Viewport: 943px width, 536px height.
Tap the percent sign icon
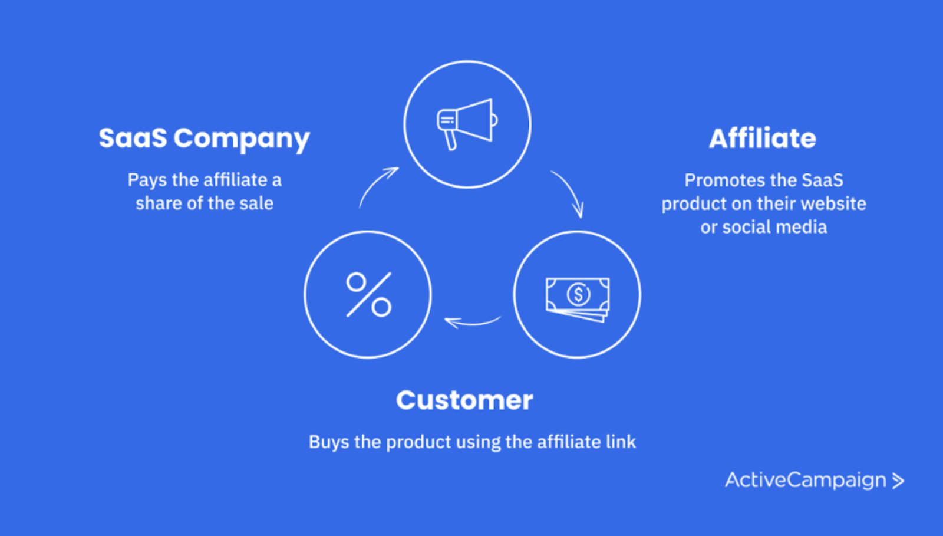tap(368, 294)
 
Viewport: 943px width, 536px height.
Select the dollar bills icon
tap(578, 298)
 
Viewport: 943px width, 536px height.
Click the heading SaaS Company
tap(204, 139)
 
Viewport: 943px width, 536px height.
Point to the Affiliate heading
tap(762, 139)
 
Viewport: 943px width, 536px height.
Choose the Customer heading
tap(464, 400)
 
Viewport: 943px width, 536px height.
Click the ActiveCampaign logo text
tap(805, 480)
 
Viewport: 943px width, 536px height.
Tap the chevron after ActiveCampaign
tap(898, 481)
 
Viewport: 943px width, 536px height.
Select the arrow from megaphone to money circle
tap(568, 193)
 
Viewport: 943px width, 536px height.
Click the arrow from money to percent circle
tap(472, 322)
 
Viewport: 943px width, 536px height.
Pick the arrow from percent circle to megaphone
tap(378, 186)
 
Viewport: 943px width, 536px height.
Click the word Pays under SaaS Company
tap(147, 180)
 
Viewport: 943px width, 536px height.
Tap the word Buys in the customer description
tap(328, 442)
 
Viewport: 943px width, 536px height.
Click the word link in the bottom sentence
tap(621, 442)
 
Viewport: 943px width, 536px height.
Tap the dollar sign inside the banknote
tap(578, 294)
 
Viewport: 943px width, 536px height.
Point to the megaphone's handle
tap(451, 140)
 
